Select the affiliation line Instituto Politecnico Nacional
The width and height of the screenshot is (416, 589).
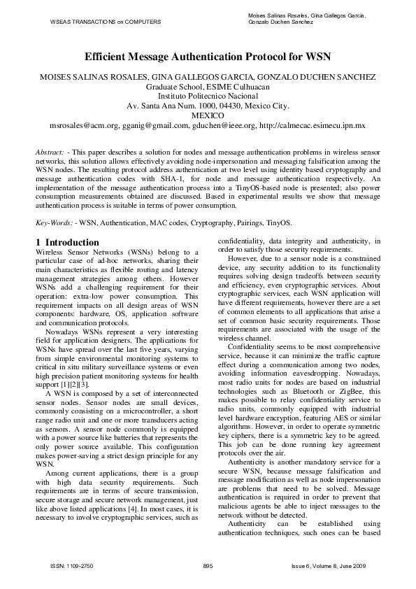[x=208, y=96]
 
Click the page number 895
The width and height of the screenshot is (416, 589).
[x=208, y=565]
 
